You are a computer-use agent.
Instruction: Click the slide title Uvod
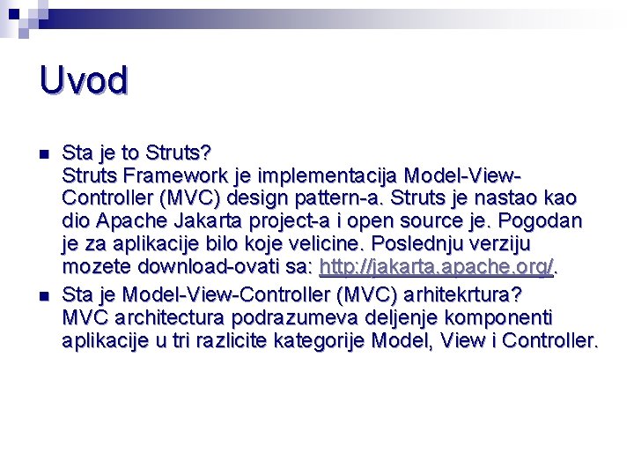click(x=84, y=80)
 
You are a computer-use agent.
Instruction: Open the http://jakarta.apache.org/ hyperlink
click(x=436, y=267)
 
